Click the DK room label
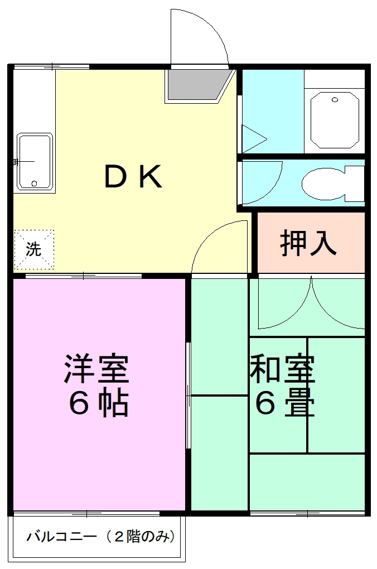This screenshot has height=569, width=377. coord(133,177)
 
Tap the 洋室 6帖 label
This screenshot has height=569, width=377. coord(98,385)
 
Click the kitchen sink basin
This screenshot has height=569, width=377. coord(35,162)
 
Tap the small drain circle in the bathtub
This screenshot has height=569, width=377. coord(335,100)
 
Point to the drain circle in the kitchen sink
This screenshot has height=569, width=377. coord(35,183)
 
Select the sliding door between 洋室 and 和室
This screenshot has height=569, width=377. coord(188,396)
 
